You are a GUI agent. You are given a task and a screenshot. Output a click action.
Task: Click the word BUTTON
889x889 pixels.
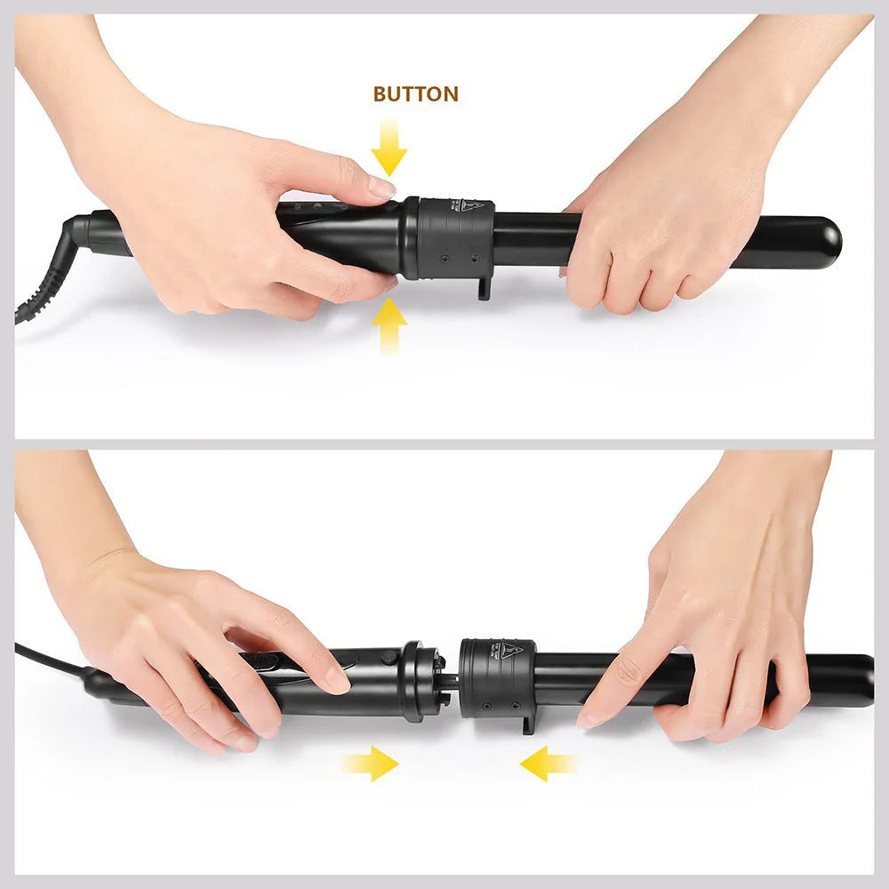click(x=415, y=94)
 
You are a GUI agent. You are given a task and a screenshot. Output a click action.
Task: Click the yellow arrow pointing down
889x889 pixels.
click(x=388, y=148)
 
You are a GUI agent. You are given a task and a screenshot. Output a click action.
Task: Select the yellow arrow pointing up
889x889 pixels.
click(x=388, y=325)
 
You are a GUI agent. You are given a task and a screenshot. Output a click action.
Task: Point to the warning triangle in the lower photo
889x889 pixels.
click(x=509, y=650)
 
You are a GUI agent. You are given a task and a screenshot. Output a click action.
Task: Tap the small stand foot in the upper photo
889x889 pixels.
click(x=485, y=286)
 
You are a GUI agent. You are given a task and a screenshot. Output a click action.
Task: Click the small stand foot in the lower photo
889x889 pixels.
click(x=529, y=722)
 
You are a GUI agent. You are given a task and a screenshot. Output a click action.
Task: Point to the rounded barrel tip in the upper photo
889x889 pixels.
click(x=827, y=243)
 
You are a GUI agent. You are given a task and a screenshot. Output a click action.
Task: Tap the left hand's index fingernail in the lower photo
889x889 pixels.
click(x=337, y=682)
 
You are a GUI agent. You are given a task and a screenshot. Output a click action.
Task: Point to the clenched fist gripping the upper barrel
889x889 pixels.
click(x=658, y=240)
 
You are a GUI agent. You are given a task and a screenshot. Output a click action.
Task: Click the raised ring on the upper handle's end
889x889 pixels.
click(x=410, y=236)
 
